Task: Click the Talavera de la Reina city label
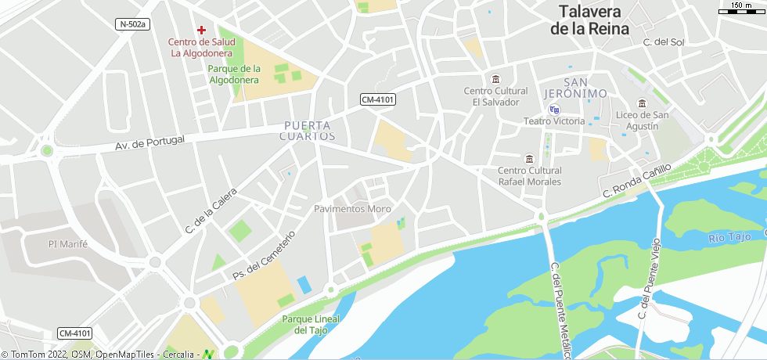[x=589, y=20]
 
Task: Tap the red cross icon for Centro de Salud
[x=201, y=28]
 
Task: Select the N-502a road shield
[x=132, y=24]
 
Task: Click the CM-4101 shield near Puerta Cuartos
[x=377, y=99]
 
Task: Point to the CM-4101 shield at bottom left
[x=74, y=333]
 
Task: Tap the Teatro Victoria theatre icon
[x=554, y=110]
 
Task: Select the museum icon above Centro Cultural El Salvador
[x=495, y=79]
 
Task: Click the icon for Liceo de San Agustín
[x=642, y=103]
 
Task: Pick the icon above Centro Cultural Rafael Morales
[x=529, y=159]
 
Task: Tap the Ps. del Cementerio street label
[x=265, y=256]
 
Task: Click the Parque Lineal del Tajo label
[x=311, y=325]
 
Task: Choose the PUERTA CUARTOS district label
[x=307, y=131]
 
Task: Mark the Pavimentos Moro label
[x=352, y=209]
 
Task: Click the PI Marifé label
[x=68, y=244]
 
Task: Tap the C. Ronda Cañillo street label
[x=637, y=182]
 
